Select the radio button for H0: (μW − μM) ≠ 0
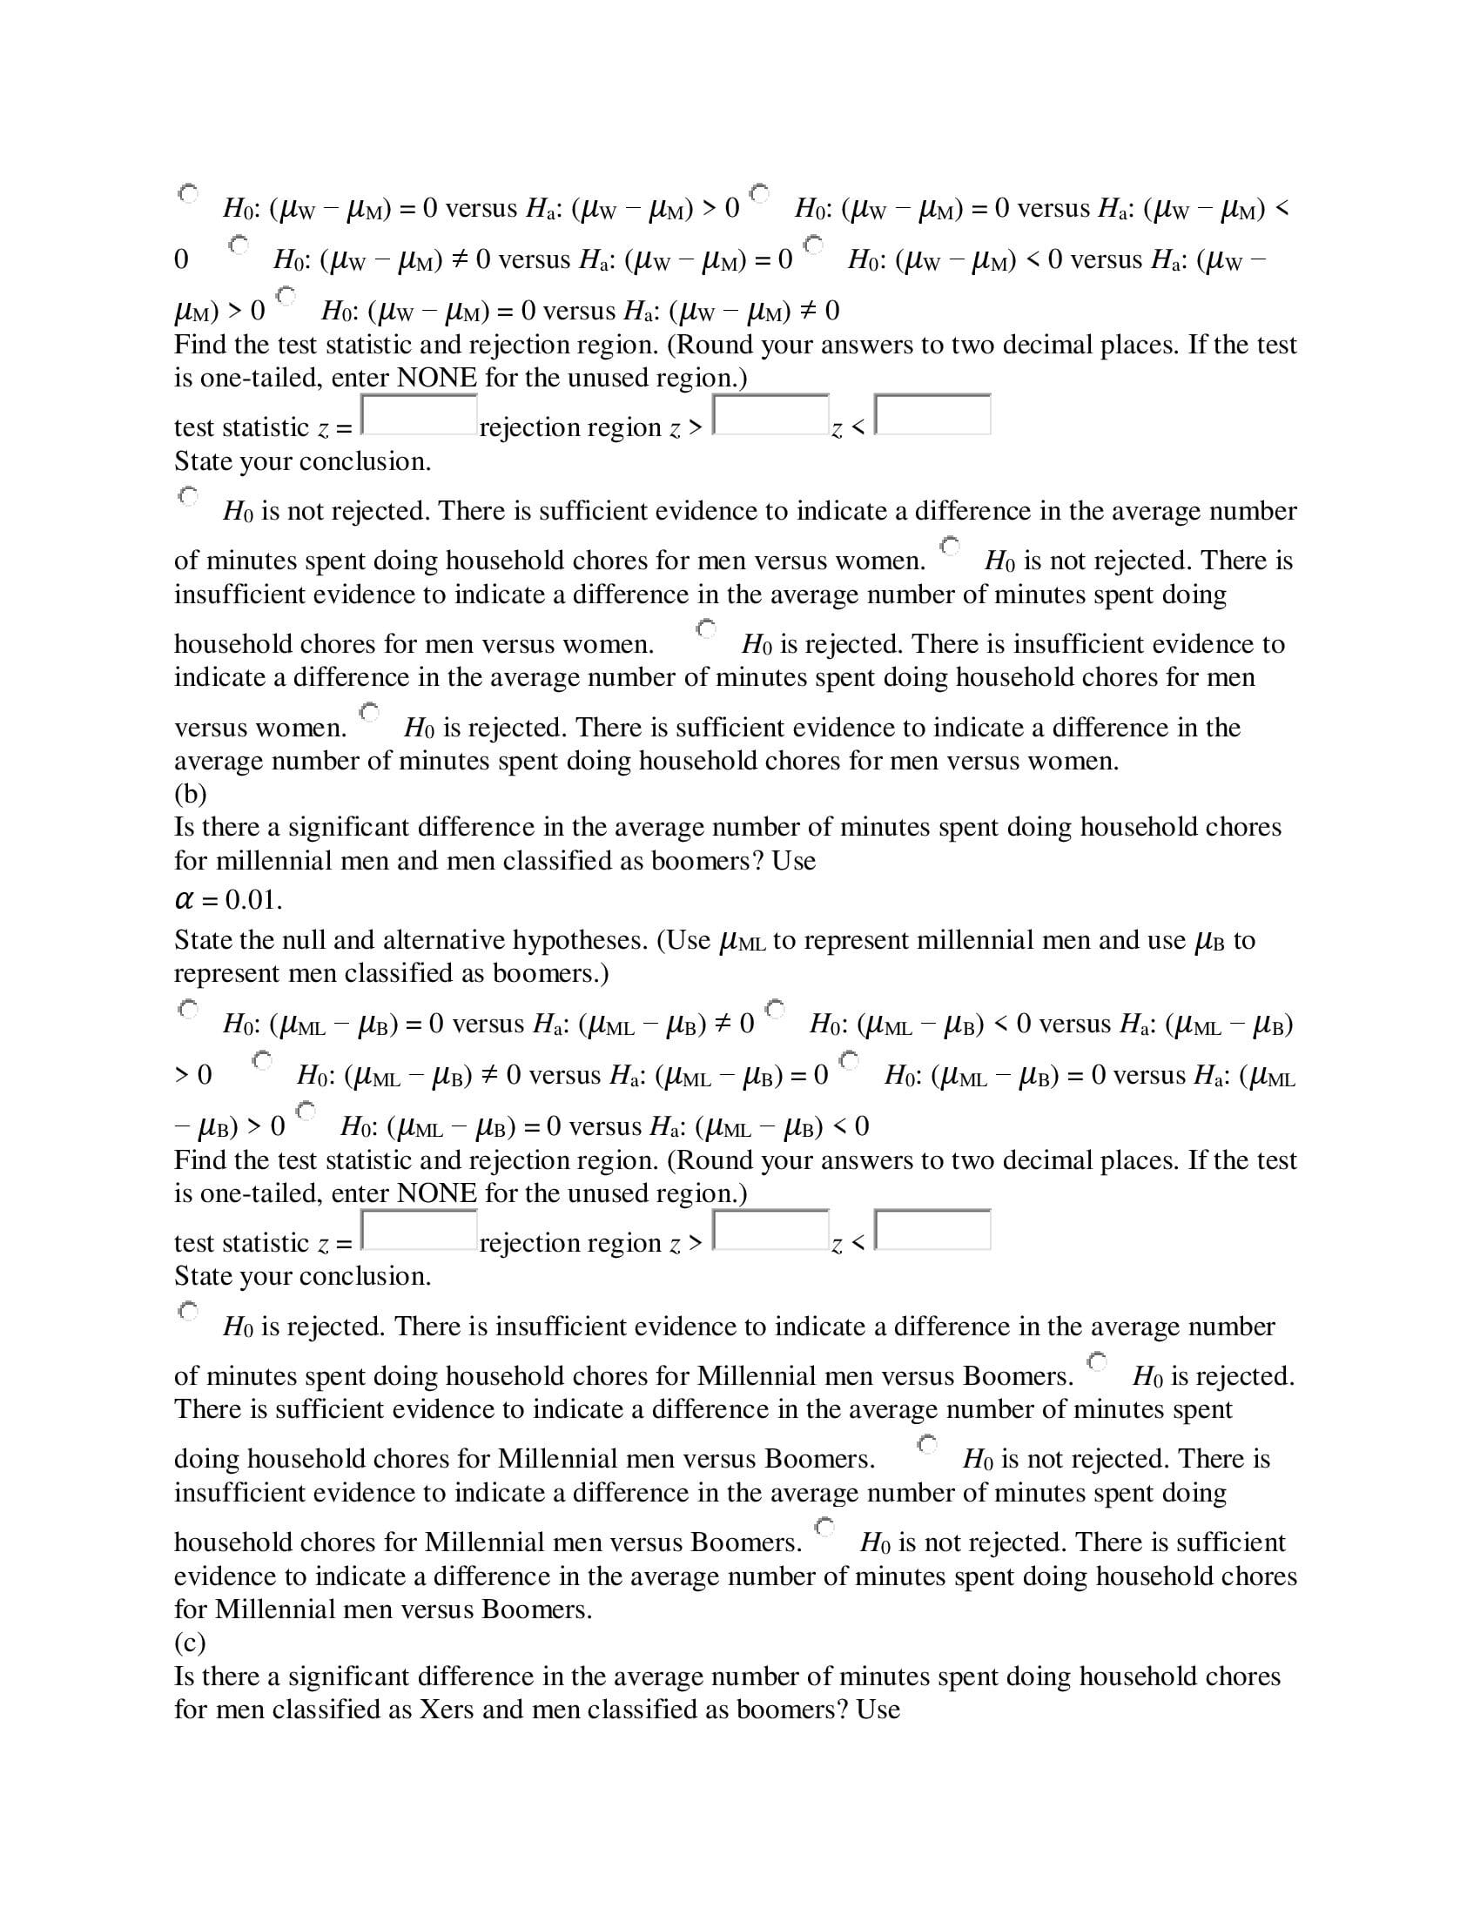point(239,245)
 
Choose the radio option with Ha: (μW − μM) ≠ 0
point(286,295)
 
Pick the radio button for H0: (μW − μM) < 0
point(814,245)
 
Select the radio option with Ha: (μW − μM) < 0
point(759,193)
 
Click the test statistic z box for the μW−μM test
point(419,414)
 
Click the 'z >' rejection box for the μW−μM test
point(770,414)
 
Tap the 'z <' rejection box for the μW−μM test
point(933,414)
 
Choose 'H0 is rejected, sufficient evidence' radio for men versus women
point(369,712)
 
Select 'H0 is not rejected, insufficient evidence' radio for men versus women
point(950,546)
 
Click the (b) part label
point(191,794)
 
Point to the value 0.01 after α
point(253,900)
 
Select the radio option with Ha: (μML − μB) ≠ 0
point(188,1009)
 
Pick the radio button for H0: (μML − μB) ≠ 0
point(261,1061)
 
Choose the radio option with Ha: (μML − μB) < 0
point(305,1112)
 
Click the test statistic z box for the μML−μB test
point(419,1230)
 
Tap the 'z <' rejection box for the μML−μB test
point(933,1230)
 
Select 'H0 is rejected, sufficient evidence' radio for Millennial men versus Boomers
point(1097,1361)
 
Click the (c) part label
point(190,1642)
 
